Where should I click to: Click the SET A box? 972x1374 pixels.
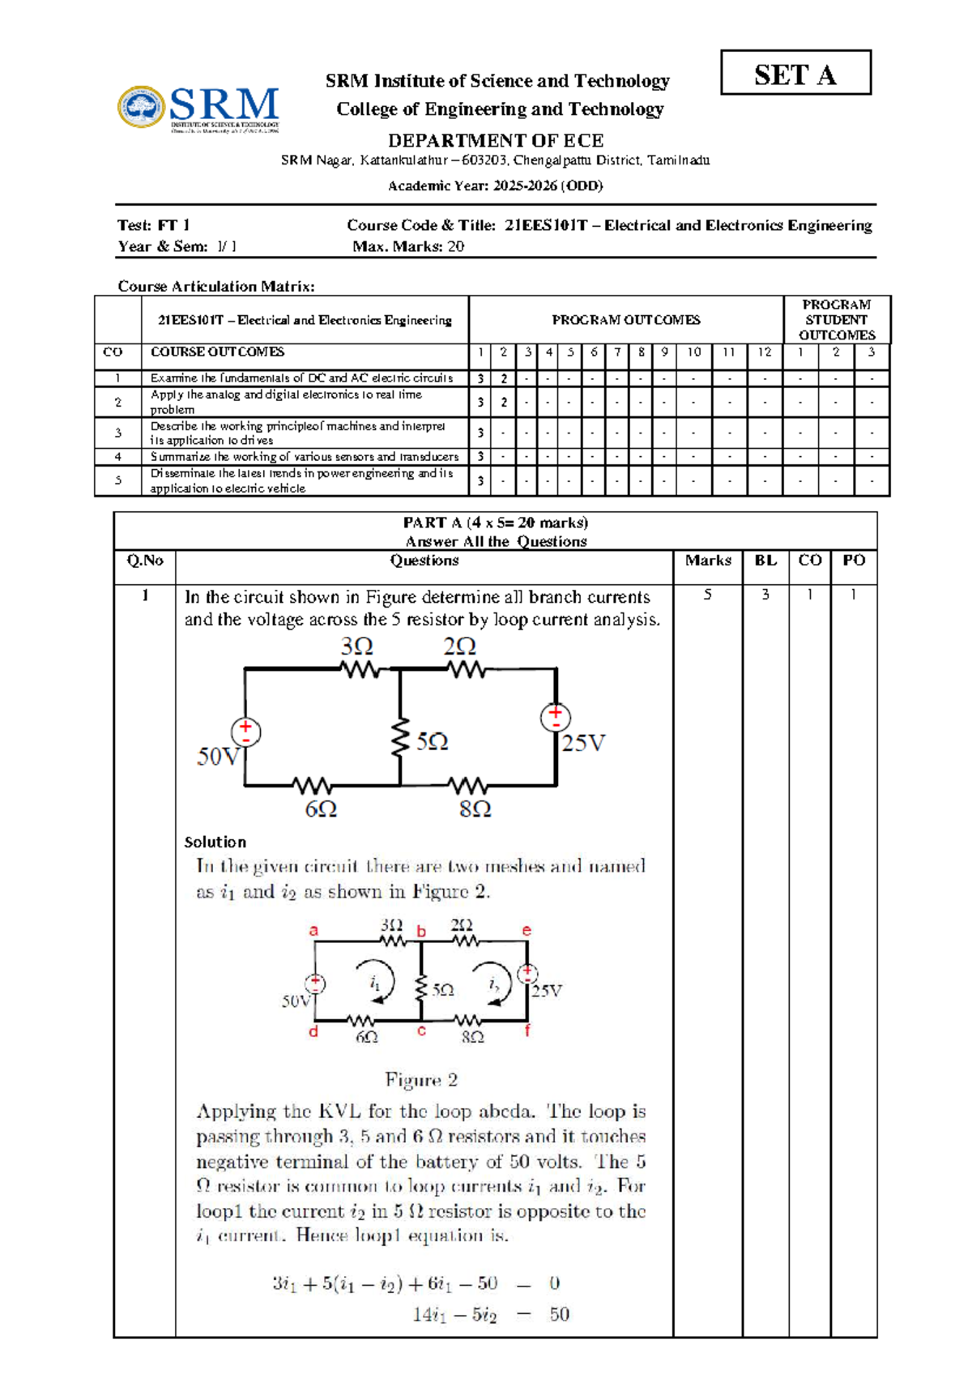tap(795, 73)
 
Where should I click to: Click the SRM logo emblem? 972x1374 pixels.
tap(142, 107)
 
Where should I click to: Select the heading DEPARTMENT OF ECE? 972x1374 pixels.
tap(496, 140)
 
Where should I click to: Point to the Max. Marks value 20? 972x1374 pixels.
tap(455, 246)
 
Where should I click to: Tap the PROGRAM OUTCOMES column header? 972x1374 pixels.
tap(625, 320)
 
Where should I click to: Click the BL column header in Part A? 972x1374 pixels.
tap(765, 561)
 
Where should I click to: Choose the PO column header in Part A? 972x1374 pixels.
tap(854, 561)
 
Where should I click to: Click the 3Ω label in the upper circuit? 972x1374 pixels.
tap(356, 646)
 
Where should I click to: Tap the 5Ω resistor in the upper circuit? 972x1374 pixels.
tap(399, 739)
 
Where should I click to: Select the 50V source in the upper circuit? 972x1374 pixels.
tap(245, 732)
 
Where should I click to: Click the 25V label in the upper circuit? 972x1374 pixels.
tap(583, 744)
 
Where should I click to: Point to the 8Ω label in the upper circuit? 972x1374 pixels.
tap(475, 809)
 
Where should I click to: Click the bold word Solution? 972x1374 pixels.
tap(215, 842)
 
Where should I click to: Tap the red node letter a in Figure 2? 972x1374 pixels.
tap(313, 931)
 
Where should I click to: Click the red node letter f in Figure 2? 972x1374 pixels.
tap(527, 1031)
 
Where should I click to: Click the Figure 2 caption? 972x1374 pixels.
tap(421, 1080)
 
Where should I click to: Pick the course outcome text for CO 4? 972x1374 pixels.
tap(305, 457)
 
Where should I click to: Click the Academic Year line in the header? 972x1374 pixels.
tap(496, 186)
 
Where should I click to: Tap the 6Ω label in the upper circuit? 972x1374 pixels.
tap(321, 809)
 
